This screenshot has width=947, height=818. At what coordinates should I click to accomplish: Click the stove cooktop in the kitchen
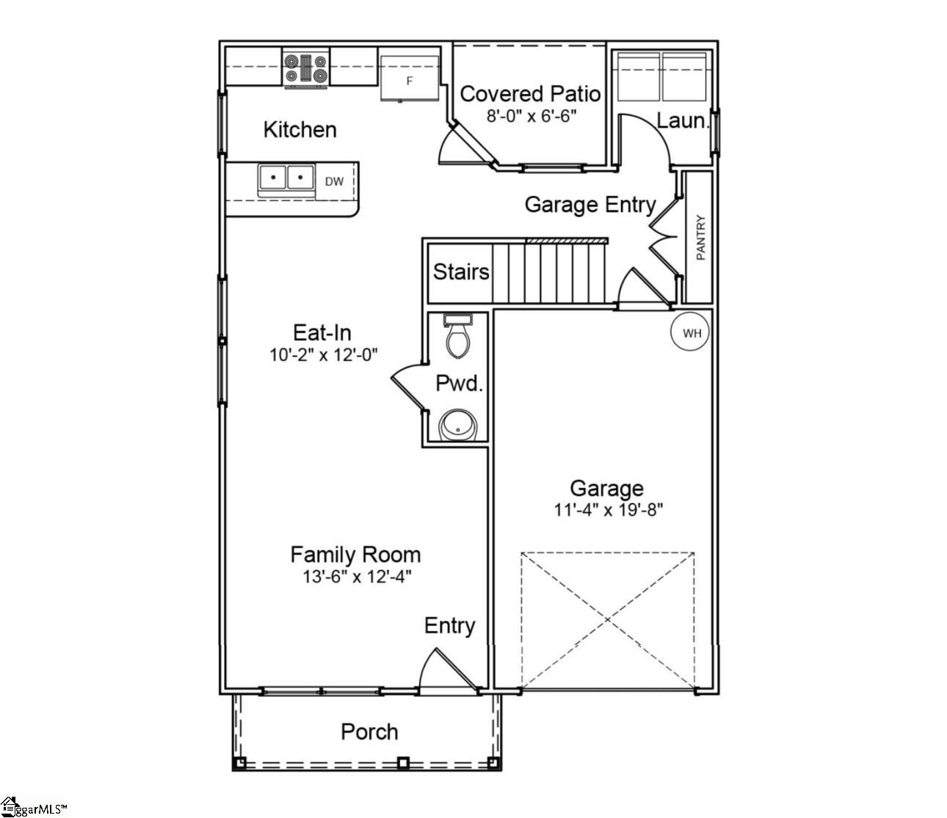[306, 69]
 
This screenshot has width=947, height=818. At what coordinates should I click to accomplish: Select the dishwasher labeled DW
[334, 181]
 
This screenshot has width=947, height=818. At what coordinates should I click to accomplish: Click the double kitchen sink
[286, 178]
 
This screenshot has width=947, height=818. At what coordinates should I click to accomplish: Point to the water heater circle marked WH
[692, 333]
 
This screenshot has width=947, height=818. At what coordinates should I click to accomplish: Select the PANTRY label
[700, 237]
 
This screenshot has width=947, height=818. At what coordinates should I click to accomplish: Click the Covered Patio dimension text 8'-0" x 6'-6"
[531, 115]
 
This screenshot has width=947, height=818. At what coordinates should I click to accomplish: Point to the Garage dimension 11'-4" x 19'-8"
[608, 510]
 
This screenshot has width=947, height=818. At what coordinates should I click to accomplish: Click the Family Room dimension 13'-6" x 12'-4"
[356, 577]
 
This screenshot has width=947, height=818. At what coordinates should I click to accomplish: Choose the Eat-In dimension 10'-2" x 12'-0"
[323, 355]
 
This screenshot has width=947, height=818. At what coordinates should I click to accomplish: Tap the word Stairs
[461, 272]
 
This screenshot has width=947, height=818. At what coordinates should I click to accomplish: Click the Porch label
[369, 731]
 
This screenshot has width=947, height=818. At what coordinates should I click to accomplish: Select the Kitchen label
[300, 130]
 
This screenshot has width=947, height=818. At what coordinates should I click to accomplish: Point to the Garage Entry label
[589, 205]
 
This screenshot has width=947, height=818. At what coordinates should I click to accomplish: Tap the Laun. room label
[681, 121]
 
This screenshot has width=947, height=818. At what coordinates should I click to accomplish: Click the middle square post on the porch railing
[402, 762]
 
